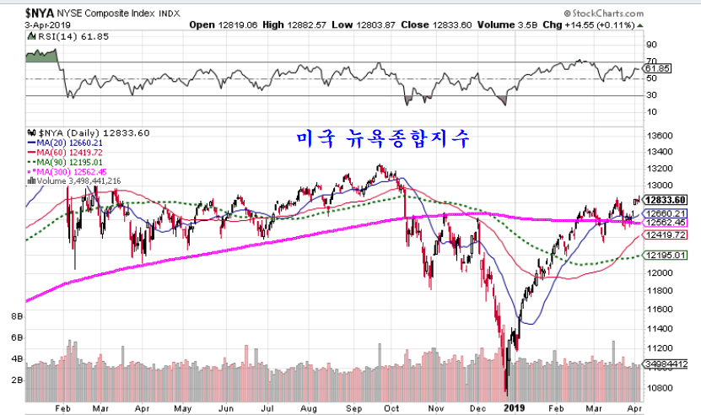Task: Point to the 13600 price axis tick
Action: pos(660,136)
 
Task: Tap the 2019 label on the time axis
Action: pos(514,407)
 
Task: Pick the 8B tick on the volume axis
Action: pos(16,316)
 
